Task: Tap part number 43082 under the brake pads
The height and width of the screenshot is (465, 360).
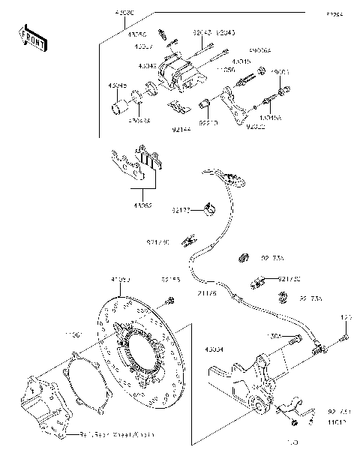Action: tap(145, 205)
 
